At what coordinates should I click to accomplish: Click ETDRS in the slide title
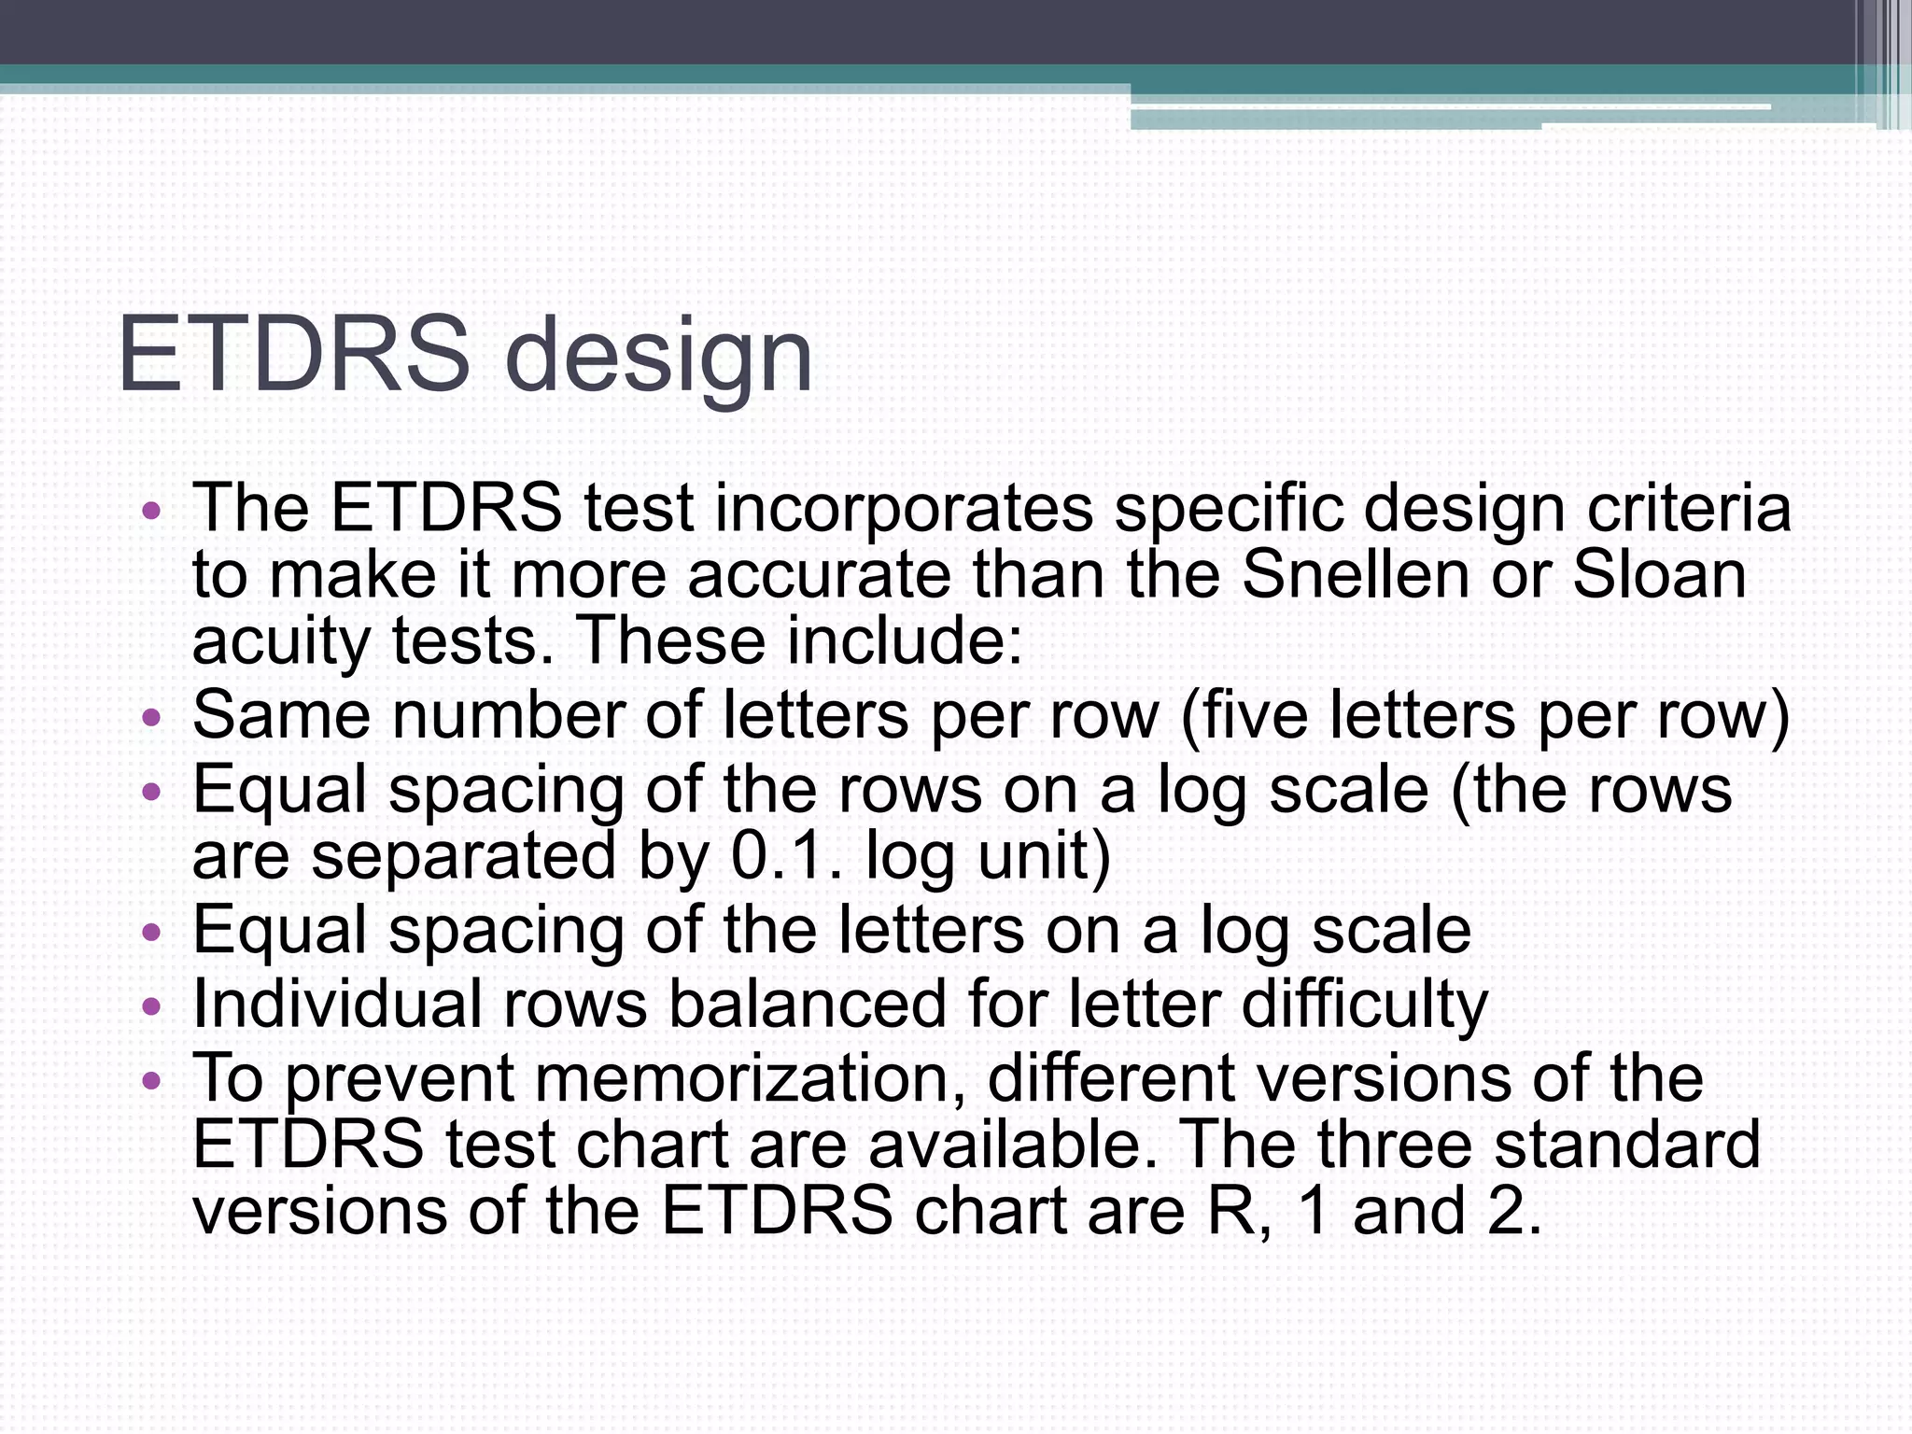[x=293, y=356]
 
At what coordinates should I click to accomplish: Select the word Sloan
[x=1659, y=575]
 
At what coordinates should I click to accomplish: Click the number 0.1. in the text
[x=787, y=855]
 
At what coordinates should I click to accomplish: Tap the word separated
[x=463, y=857]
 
